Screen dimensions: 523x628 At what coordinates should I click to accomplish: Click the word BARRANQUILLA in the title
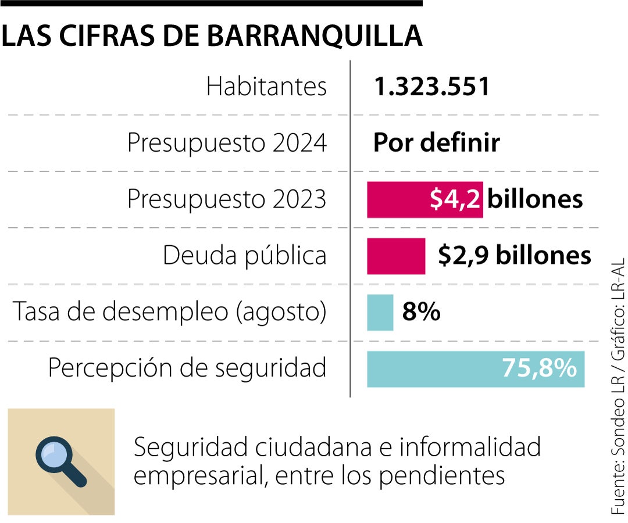click(315, 36)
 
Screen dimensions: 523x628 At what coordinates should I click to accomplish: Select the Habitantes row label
click(266, 87)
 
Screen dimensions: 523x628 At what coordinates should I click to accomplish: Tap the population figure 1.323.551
click(431, 87)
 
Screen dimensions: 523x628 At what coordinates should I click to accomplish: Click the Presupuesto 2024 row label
click(227, 143)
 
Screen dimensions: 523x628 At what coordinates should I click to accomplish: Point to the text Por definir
click(436, 143)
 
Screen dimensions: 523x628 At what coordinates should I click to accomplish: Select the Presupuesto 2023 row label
click(227, 199)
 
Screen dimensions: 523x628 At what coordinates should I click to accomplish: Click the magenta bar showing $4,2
click(424, 199)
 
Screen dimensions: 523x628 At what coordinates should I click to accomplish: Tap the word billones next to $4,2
click(535, 199)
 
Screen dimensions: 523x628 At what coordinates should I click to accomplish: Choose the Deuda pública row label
click(244, 256)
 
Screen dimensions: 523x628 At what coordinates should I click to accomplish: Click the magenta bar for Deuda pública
click(396, 256)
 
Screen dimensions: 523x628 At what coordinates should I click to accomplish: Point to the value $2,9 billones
click(514, 256)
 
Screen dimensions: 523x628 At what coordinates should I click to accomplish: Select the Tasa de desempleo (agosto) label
click(169, 312)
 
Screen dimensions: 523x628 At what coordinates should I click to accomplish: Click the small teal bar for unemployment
click(380, 313)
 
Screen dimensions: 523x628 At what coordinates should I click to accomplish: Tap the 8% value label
click(421, 313)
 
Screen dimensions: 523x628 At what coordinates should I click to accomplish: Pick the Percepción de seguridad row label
click(187, 368)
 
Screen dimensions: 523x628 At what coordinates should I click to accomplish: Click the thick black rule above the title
click(211, 3)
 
